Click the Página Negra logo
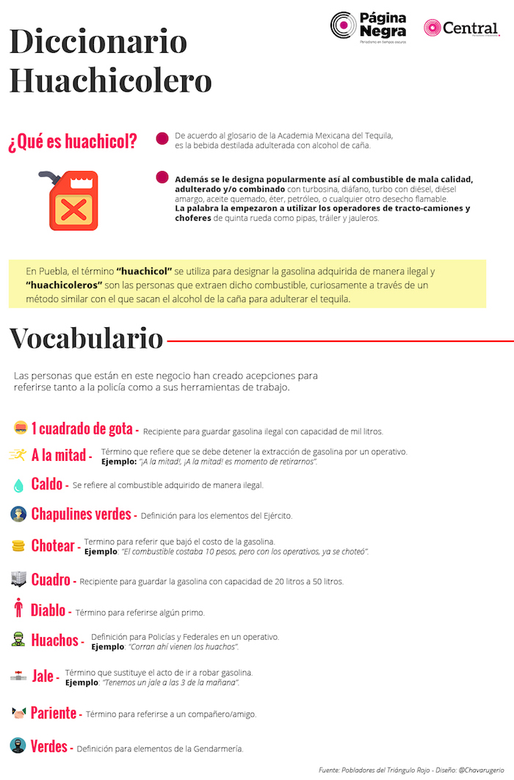pos(369,27)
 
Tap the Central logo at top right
pos(461,29)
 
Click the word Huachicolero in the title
pos(110,80)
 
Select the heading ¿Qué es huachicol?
pos(73,142)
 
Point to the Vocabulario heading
pos(86,338)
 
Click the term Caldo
pos(47,484)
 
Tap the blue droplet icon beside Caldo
pos(18,485)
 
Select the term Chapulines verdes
pos(81,514)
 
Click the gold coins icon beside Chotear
pos(18,545)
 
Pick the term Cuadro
pos(51,580)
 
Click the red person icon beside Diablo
pos(18,609)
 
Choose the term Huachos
pos(54,640)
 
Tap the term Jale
pos(43,676)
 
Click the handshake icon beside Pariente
pos(18,712)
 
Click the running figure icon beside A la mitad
pos(18,454)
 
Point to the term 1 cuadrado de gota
pos(82,429)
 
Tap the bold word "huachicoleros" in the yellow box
pos(64,285)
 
